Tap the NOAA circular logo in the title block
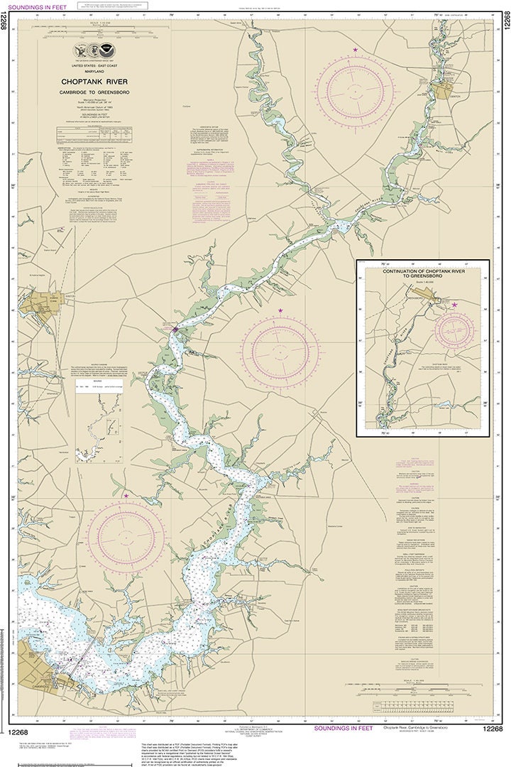click(x=106, y=51)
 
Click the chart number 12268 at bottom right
click(x=493, y=729)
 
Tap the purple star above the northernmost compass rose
click(x=356, y=49)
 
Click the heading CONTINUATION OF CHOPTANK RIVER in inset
click(x=422, y=274)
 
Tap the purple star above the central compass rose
click(x=280, y=311)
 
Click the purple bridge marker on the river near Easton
click(x=175, y=329)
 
